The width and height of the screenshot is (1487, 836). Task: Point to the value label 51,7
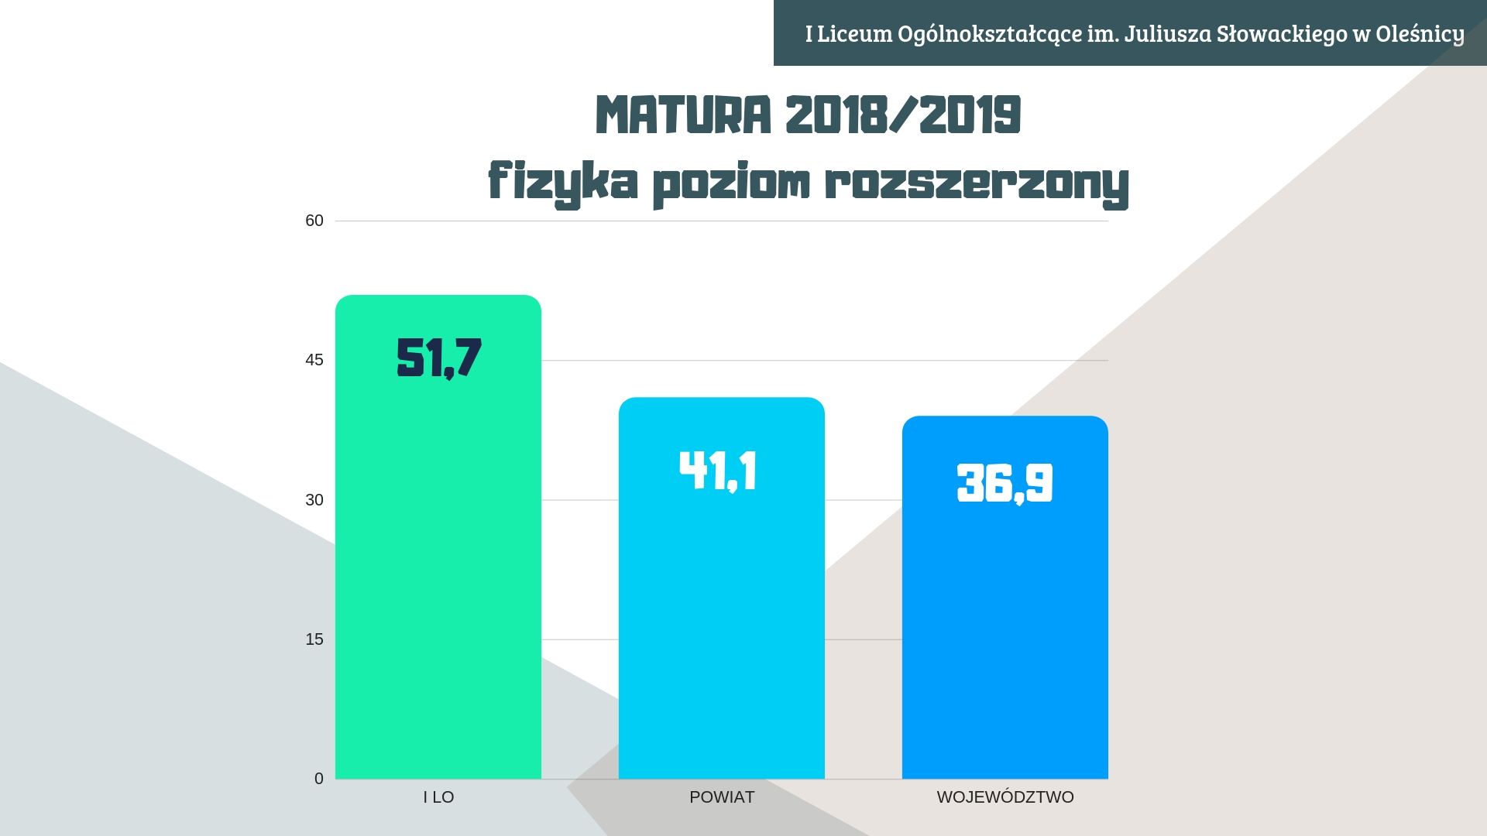(x=438, y=358)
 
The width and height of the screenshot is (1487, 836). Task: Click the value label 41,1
(x=718, y=471)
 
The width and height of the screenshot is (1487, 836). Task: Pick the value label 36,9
(x=1004, y=483)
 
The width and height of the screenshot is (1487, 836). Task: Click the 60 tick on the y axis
(x=314, y=221)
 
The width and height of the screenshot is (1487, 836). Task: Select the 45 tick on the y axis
(x=314, y=360)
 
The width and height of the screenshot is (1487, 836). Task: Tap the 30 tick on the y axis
(x=314, y=500)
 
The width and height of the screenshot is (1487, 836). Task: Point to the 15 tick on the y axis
(x=314, y=639)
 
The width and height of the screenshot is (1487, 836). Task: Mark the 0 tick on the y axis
(x=319, y=779)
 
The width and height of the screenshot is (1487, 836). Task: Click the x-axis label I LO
(x=438, y=797)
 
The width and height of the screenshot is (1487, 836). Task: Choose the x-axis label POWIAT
(x=722, y=797)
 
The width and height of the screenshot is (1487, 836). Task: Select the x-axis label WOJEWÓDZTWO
(x=1005, y=797)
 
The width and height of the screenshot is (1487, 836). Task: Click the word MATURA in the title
(x=683, y=115)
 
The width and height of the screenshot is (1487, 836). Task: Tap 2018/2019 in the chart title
(x=903, y=115)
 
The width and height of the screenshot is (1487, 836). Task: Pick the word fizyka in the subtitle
(x=563, y=183)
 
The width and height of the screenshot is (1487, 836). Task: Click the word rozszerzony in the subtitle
(x=977, y=183)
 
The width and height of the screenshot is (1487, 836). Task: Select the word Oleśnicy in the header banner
(x=1420, y=34)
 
